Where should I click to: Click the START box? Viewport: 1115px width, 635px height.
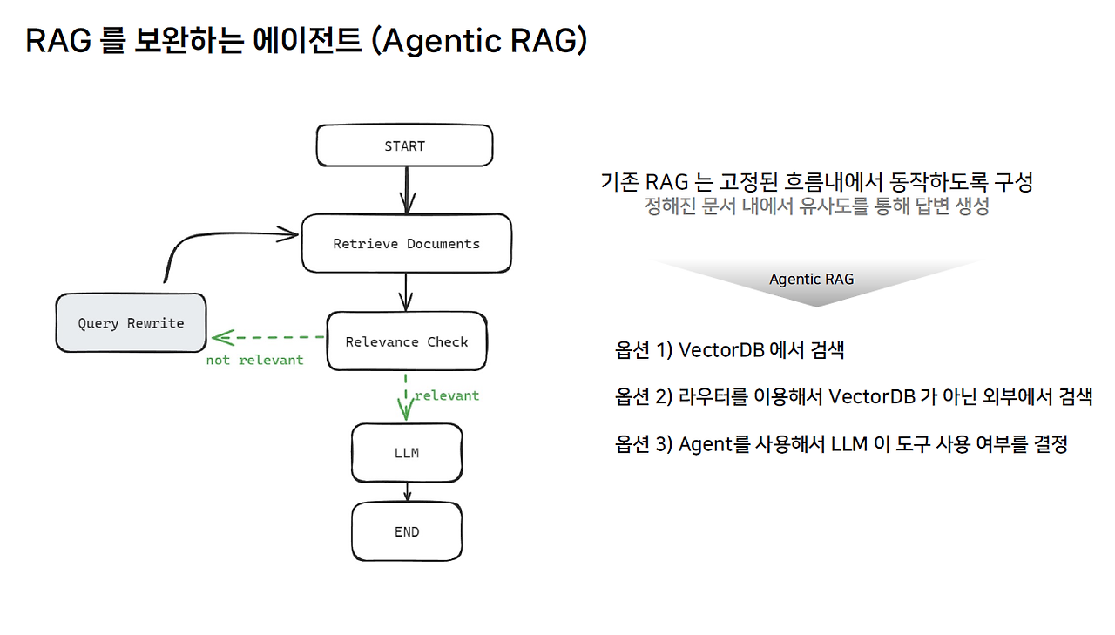point(405,145)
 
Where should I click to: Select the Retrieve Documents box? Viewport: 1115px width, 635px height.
point(406,243)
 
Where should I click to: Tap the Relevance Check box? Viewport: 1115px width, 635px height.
point(407,341)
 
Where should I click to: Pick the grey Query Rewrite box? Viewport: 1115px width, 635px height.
point(131,323)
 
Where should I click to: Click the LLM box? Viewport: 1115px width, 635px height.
point(407,453)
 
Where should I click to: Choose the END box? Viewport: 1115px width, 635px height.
point(407,531)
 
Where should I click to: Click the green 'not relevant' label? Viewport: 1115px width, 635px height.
point(255,360)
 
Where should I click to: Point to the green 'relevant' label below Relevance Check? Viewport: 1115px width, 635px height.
point(447,395)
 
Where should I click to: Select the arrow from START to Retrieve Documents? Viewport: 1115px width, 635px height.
point(407,190)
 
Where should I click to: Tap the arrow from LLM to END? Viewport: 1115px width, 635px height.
point(407,491)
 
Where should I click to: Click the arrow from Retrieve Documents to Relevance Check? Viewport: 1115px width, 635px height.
point(406,292)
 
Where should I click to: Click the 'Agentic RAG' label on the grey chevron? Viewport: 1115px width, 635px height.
point(811,280)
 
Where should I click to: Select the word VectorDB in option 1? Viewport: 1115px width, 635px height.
point(721,350)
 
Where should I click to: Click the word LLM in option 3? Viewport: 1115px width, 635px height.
point(849,443)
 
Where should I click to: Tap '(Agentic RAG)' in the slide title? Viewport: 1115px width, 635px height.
point(479,40)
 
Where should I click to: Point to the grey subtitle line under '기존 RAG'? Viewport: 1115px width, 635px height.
point(817,206)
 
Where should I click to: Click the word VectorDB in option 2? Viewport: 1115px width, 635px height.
point(872,396)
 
